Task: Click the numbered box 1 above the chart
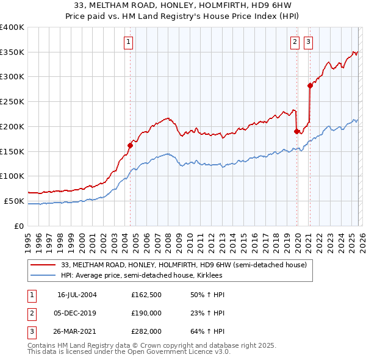tap(129, 42)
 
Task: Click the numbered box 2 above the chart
tap(295, 42)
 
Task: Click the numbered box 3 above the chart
tap(308, 42)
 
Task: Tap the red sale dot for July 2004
tap(130, 145)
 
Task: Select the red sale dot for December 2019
tap(296, 131)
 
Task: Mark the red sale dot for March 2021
tap(310, 85)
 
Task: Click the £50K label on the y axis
tap(14, 201)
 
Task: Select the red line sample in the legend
tap(43, 265)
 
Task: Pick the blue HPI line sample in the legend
tap(43, 275)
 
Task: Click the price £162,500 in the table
tap(146, 295)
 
